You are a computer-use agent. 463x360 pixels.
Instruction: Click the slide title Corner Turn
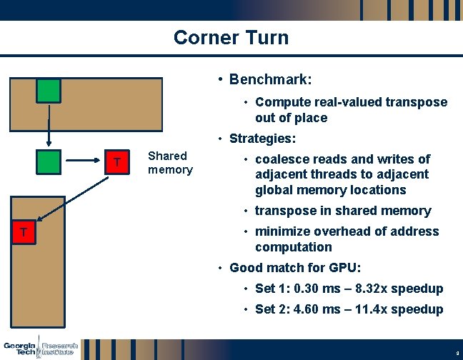point(231,37)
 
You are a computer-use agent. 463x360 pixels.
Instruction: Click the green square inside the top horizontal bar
point(49,91)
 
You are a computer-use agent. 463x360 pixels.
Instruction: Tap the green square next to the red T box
point(49,162)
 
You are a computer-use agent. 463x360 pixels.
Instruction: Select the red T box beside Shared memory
point(117,162)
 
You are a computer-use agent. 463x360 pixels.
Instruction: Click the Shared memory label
point(170,163)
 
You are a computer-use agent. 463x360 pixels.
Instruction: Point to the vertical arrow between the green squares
point(49,126)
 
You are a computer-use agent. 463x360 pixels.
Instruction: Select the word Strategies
point(262,138)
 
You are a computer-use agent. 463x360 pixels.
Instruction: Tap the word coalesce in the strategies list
point(281,159)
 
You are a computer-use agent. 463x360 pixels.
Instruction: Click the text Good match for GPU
point(295,268)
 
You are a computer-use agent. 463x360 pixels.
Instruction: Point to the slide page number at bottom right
point(456,353)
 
